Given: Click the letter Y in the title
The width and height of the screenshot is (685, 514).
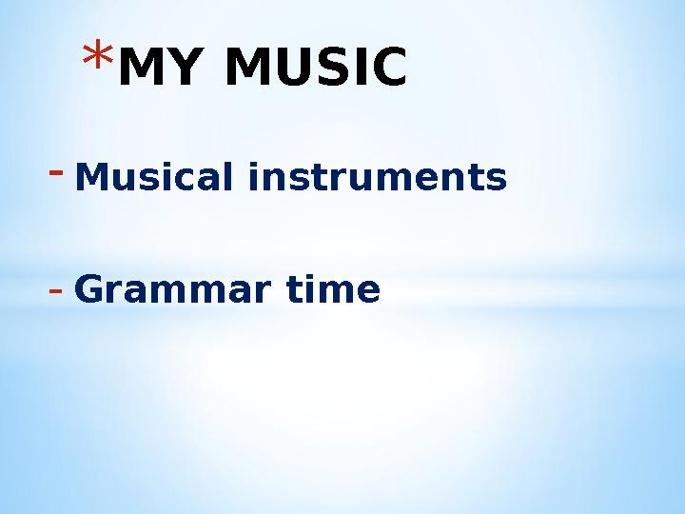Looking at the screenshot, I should pos(176,69).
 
